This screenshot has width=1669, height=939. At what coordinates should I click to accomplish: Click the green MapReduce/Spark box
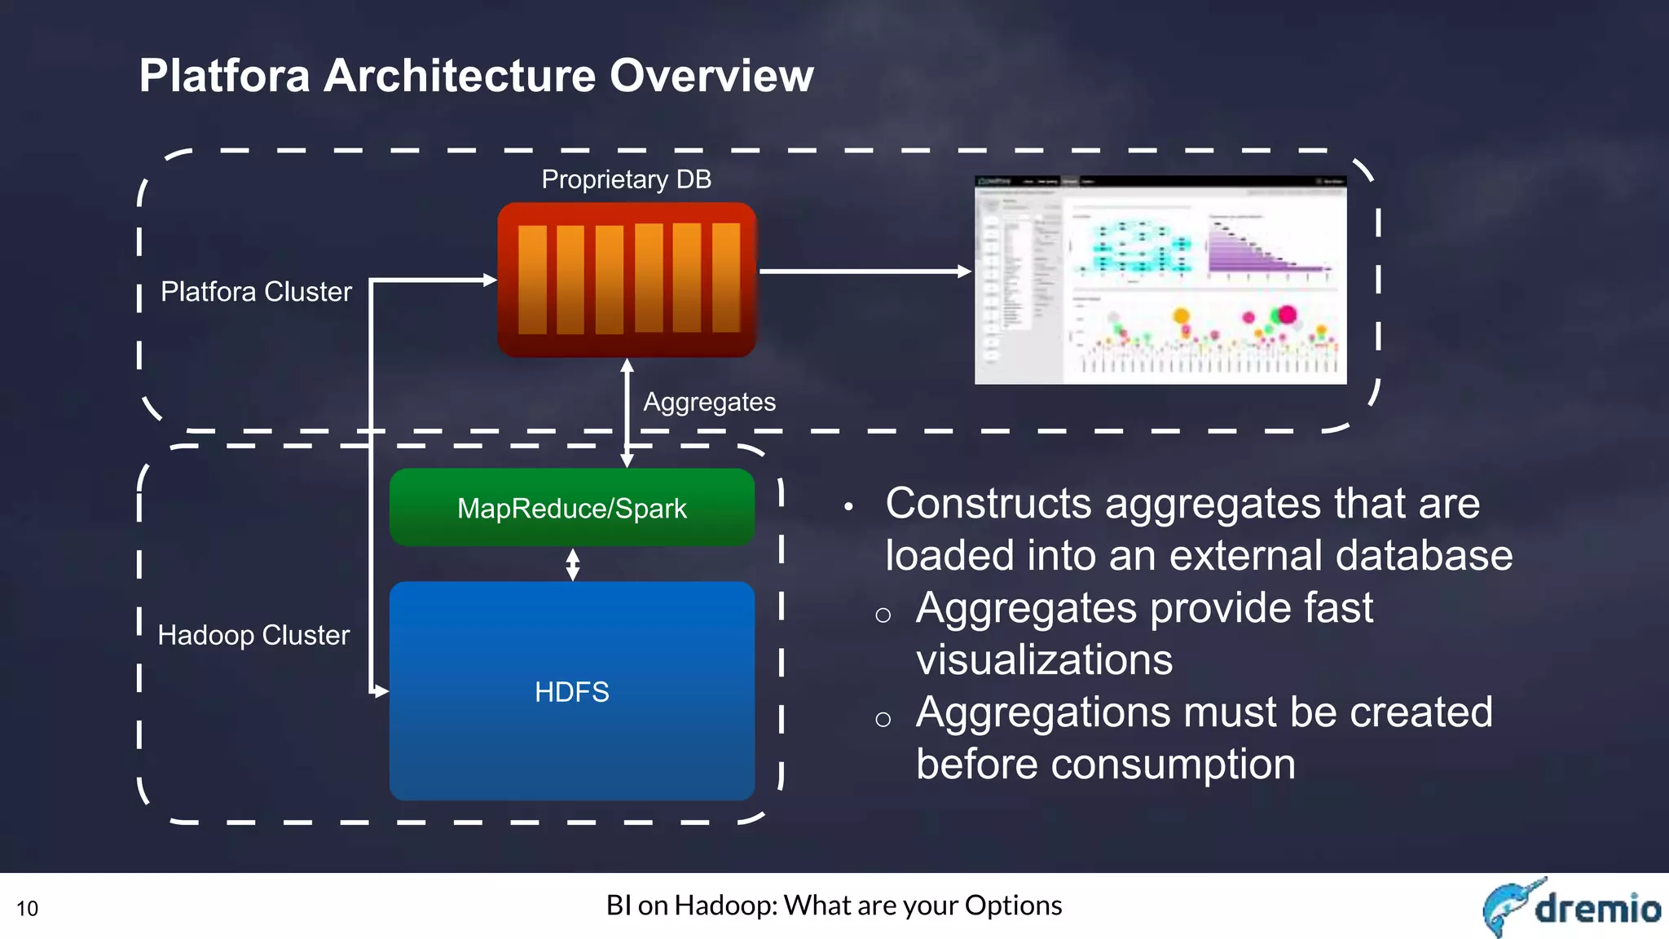[x=571, y=508]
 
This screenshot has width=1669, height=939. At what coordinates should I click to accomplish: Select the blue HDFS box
[x=571, y=691]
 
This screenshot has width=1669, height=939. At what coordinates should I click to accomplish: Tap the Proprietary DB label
[x=626, y=179]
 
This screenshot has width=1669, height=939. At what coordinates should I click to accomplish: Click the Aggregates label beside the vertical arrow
[x=709, y=402]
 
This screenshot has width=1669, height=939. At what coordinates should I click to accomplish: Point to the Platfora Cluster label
[x=256, y=292]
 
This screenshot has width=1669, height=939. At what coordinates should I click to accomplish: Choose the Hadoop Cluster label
[x=253, y=635]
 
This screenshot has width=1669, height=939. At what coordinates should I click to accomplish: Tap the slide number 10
[x=27, y=908]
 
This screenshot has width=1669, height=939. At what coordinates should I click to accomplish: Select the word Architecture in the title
[x=460, y=76]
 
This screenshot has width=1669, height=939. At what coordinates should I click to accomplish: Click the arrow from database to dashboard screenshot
[x=864, y=271]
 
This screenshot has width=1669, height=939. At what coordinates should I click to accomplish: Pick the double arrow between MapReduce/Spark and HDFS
[x=573, y=564]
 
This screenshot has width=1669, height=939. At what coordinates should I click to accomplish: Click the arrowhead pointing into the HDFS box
[x=381, y=691]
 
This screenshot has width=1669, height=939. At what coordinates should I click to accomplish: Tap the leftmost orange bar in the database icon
[x=532, y=280]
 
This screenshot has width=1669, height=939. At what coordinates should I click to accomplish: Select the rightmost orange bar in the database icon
[x=725, y=278]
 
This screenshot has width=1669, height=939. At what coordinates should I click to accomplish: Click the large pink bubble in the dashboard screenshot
[x=1287, y=315]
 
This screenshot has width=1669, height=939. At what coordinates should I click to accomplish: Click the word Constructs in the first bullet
[x=988, y=503]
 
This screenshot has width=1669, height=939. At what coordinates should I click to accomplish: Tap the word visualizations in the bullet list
[x=1044, y=659]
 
